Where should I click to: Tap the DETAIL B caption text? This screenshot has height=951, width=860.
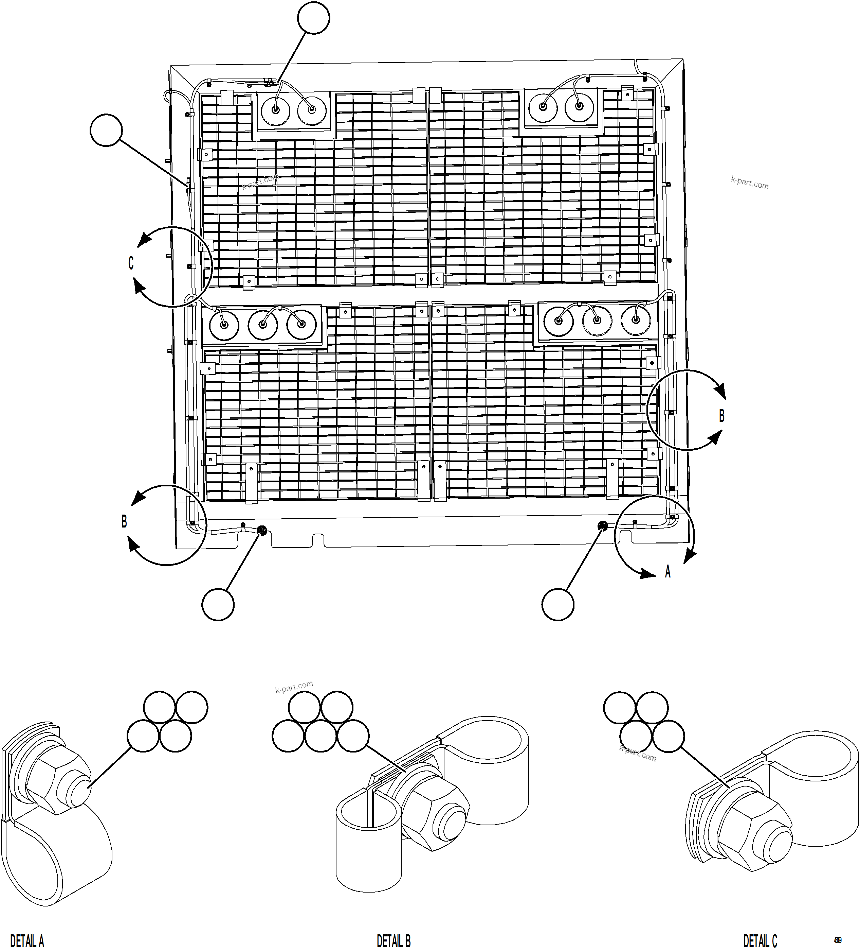click(x=394, y=940)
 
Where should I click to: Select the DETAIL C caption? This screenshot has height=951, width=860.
click(x=760, y=940)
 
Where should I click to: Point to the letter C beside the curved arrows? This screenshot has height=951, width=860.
click(x=131, y=263)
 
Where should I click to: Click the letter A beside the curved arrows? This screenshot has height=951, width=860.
click(x=667, y=572)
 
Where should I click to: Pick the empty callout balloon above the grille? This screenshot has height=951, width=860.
click(x=313, y=18)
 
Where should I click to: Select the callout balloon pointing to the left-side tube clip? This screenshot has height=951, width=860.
click(x=106, y=130)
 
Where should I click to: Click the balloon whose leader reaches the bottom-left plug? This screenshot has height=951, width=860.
click(x=218, y=604)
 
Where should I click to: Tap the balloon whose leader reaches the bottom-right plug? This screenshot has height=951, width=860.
click(x=558, y=604)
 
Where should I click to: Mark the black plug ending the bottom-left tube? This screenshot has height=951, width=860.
click(x=262, y=530)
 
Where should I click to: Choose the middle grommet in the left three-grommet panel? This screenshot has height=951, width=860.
click(x=263, y=325)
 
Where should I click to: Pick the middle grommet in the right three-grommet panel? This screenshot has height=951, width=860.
click(x=597, y=321)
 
